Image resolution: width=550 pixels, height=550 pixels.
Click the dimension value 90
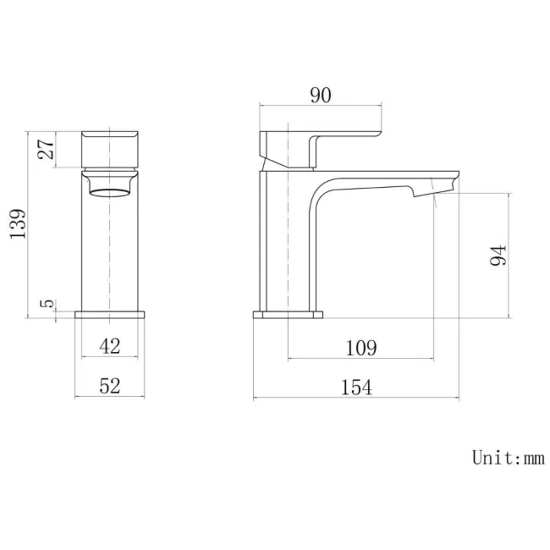point(320,95)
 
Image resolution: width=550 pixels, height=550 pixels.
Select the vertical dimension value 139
point(18,225)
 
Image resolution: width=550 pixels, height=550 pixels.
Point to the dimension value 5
point(48,303)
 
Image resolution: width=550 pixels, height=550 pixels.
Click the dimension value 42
point(110,345)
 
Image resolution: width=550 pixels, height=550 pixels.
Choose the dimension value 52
point(110,386)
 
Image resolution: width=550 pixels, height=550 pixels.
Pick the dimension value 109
point(361,346)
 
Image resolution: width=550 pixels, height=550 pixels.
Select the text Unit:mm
point(508,458)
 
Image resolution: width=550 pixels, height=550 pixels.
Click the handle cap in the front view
point(111,150)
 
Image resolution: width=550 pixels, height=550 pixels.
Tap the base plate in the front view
point(111,315)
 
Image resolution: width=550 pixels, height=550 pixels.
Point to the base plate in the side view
point(289,315)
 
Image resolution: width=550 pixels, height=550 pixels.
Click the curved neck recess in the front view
point(111,185)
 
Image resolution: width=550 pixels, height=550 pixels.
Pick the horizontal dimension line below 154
point(357,398)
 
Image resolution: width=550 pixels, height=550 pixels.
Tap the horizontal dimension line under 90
point(320,106)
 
